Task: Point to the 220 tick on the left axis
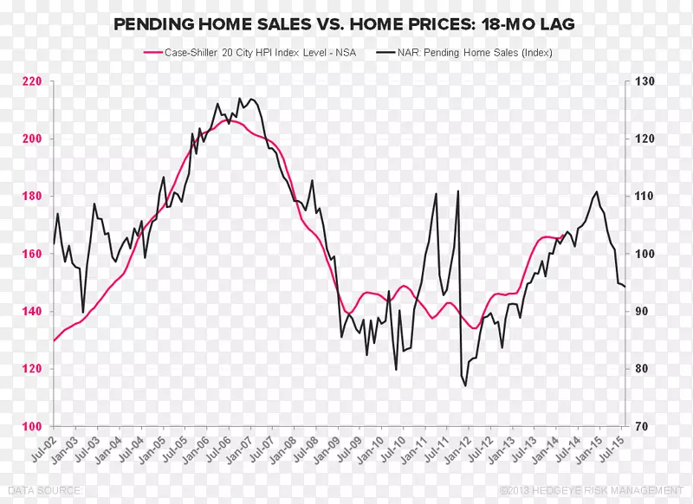(x=33, y=81)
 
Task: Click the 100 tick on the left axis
(x=33, y=426)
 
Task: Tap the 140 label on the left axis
(x=33, y=312)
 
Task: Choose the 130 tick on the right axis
(x=644, y=81)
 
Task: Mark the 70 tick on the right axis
(x=642, y=426)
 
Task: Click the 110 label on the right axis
(x=644, y=197)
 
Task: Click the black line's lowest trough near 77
(x=465, y=386)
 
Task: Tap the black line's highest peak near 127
(x=239, y=99)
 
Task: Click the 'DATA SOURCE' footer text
(x=41, y=491)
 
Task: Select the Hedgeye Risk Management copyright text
(x=582, y=491)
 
